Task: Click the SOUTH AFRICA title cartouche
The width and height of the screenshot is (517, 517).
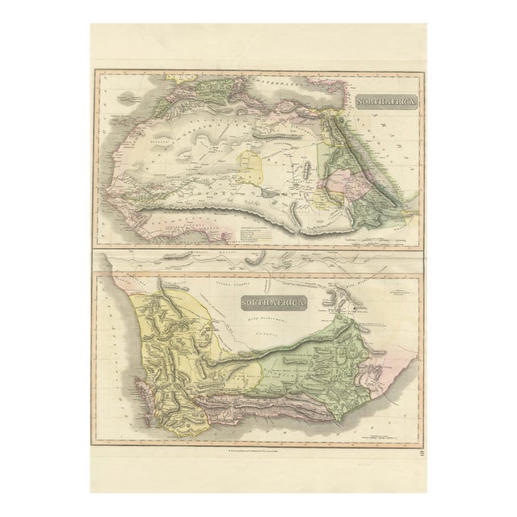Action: tap(272, 303)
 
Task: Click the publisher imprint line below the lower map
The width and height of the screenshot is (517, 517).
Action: tap(258, 448)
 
